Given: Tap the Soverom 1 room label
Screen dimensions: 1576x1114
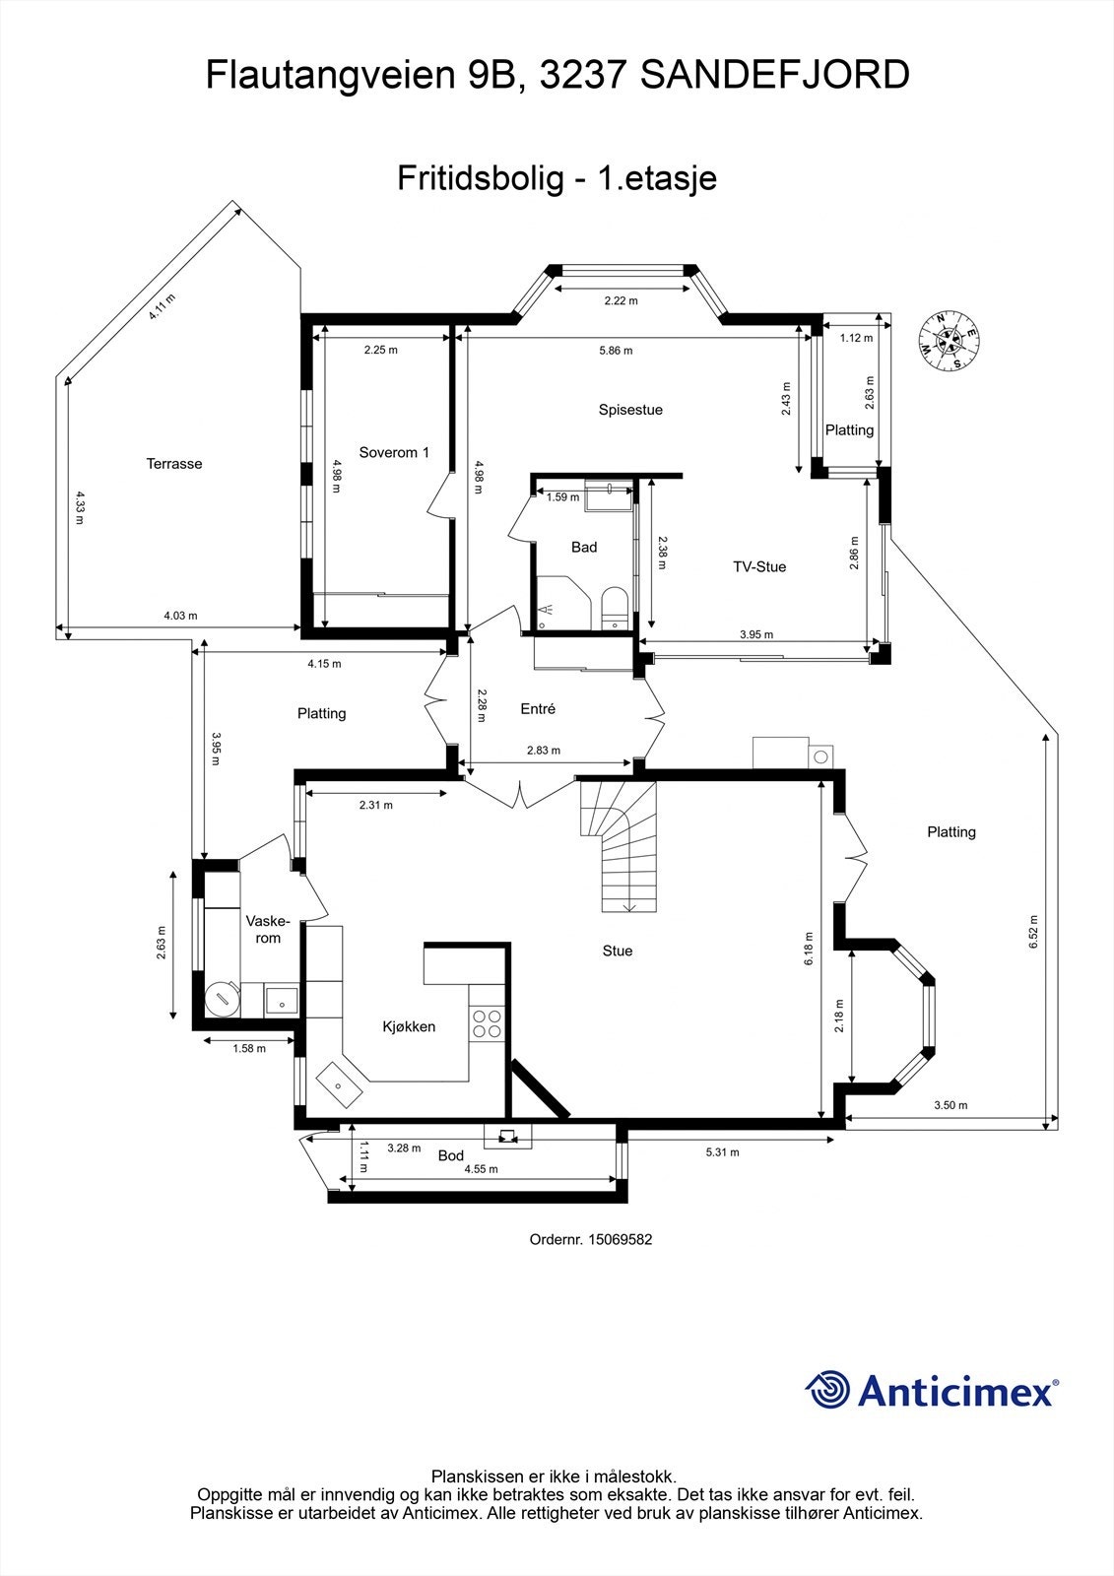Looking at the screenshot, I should pyautogui.click(x=394, y=453).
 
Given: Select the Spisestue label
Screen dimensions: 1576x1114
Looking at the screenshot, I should pyautogui.click(x=630, y=410).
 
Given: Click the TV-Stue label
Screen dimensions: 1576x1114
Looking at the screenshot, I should pyautogui.click(x=759, y=567).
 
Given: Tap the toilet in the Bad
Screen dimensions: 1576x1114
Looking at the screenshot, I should pyautogui.click(x=614, y=607).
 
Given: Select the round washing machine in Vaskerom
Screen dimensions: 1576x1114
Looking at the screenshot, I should pyautogui.click(x=222, y=999).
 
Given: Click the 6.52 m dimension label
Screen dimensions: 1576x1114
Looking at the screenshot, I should pyautogui.click(x=1033, y=932).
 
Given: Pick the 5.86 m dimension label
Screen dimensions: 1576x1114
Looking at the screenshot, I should pyautogui.click(x=616, y=351).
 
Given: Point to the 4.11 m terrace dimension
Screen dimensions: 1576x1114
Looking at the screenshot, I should pyautogui.click(x=161, y=307).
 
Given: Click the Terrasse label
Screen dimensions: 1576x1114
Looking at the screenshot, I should pyautogui.click(x=174, y=464).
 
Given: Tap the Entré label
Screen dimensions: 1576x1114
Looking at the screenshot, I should pyautogui.click(x=538, y=709).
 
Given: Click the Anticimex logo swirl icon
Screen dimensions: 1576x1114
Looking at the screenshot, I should pyautogui.click(x=827, y=1390).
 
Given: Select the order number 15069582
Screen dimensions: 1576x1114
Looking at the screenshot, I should pyautogui.click(x=620, y=1240).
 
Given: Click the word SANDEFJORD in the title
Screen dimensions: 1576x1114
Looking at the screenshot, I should pyautogui.click(x=774, y=75).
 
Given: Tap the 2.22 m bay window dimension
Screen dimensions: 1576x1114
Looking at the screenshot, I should pyautogui.click(x=621, y=301).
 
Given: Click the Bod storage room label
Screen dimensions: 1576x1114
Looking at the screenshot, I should pyautogui.click(x=451, y=1156).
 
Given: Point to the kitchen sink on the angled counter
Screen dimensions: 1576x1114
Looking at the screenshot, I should pyautogui.click(x=338, y=1083).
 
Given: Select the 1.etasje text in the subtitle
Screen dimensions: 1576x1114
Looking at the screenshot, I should pyautogui.click(x=657, y=178).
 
